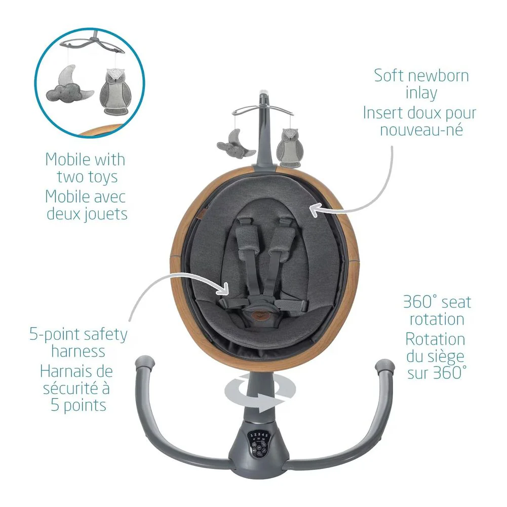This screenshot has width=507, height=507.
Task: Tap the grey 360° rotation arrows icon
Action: (x=260, y=393)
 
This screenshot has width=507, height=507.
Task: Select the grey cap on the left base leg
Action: (x=145, y=364)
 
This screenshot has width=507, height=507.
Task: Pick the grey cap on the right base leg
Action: (x=385, y=366)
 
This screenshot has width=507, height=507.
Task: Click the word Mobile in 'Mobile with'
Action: (x=67, y=159)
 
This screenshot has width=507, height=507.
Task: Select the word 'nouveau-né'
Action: (x=421, y=130)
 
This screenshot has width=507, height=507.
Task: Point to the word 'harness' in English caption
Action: (x=78, y=351)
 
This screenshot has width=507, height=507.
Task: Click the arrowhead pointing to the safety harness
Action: (x=225, y=289)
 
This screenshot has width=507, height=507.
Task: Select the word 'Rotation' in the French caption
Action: (x=435, y=339)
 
